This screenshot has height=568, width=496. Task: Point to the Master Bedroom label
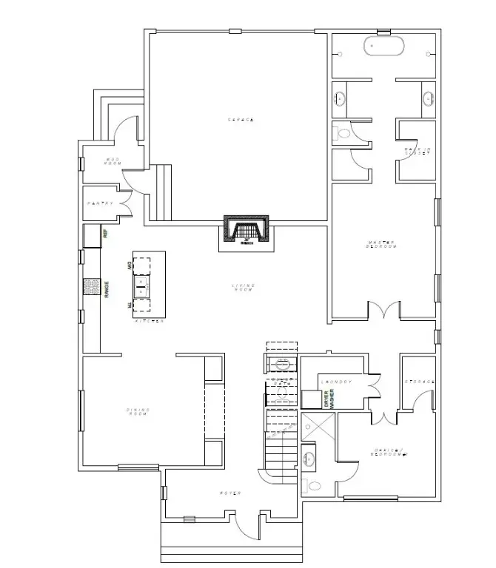(382, 245)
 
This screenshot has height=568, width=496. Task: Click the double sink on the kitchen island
(141, 282)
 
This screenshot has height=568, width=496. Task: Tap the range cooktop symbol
(91, 286)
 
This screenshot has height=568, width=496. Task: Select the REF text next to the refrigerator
(106, 234)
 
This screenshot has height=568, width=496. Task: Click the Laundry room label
(337, 382)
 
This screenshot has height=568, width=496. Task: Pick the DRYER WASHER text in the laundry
(329, 400)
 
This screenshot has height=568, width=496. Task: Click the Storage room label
(418, 382)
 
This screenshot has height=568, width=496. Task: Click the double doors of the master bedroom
(383, 311)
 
